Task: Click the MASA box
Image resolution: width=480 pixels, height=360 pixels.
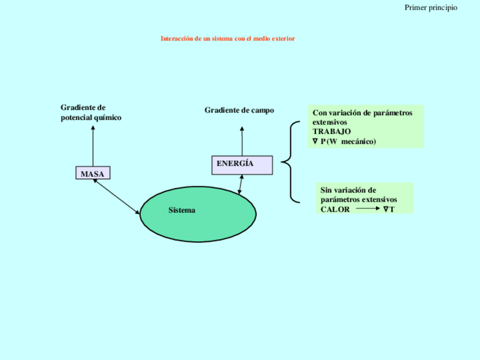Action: click(x=92, y=173)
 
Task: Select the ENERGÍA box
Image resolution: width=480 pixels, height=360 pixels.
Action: click(x=242, y=165)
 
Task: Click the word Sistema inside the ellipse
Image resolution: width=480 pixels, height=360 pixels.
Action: click(x=182, y=211)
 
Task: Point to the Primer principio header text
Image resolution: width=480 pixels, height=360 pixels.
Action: click(x=431, y=7)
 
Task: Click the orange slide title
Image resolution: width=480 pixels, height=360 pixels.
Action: click(x=228, y=38)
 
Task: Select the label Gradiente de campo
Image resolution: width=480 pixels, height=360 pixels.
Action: click(x=239, y=110)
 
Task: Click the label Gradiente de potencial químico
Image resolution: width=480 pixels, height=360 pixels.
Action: click(x=91, y=113)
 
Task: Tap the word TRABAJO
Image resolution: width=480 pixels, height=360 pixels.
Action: click(x=332, y=131)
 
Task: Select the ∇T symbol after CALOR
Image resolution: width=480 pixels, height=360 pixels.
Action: click(x=388, y=209)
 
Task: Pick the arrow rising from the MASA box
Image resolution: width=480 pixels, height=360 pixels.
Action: click(x=93, y=145)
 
